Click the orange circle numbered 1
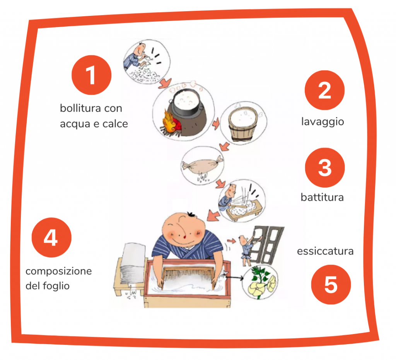click(x=91, y=75)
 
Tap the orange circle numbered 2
click(x=324, y=90)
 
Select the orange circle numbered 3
click(x=325, y=168)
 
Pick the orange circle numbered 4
click(x=51, y=237)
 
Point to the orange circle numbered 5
click(x=331, y=285)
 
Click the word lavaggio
click(x=323, y=122)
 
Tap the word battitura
click(x=322, y=197)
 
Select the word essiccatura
click(x=325, y=251)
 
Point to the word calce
click(x=115, y=123)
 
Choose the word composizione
click(x=59, y=271)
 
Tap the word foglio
click(x=56, y=286)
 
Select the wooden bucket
click(x=243, y=124)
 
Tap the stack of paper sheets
click(x=133, y=264)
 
